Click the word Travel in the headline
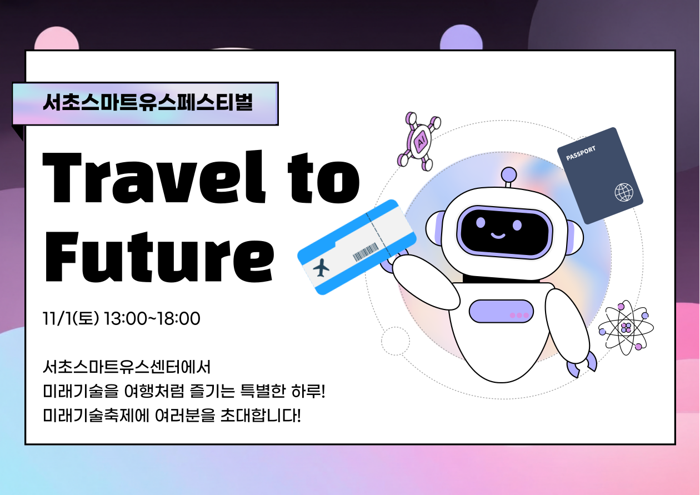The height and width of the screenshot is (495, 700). click(154, 177)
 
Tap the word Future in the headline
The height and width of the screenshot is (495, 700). click(159, 257)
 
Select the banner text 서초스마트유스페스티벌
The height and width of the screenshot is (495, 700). click(148, 102)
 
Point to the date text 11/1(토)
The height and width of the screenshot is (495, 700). click(71, 319)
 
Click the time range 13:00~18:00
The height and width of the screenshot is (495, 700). click(152, 319)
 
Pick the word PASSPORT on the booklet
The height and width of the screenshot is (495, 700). click(581, 153)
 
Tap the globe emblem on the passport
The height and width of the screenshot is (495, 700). click(624, 192)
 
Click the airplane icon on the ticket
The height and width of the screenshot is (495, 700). click(321, 268)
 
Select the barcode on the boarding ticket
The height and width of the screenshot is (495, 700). click(366, 252)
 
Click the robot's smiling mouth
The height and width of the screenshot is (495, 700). click(498, 236)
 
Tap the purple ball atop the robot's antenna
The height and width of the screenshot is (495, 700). click(508, 174)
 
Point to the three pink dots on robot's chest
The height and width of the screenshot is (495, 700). click(519, 316)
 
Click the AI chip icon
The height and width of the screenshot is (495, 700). click(419, 142)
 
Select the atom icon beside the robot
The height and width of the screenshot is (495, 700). click(626, 328)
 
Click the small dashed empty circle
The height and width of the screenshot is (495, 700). click(396, 341)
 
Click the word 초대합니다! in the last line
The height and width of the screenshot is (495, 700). click(261, 416)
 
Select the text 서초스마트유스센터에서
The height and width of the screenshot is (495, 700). click(127, 367)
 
